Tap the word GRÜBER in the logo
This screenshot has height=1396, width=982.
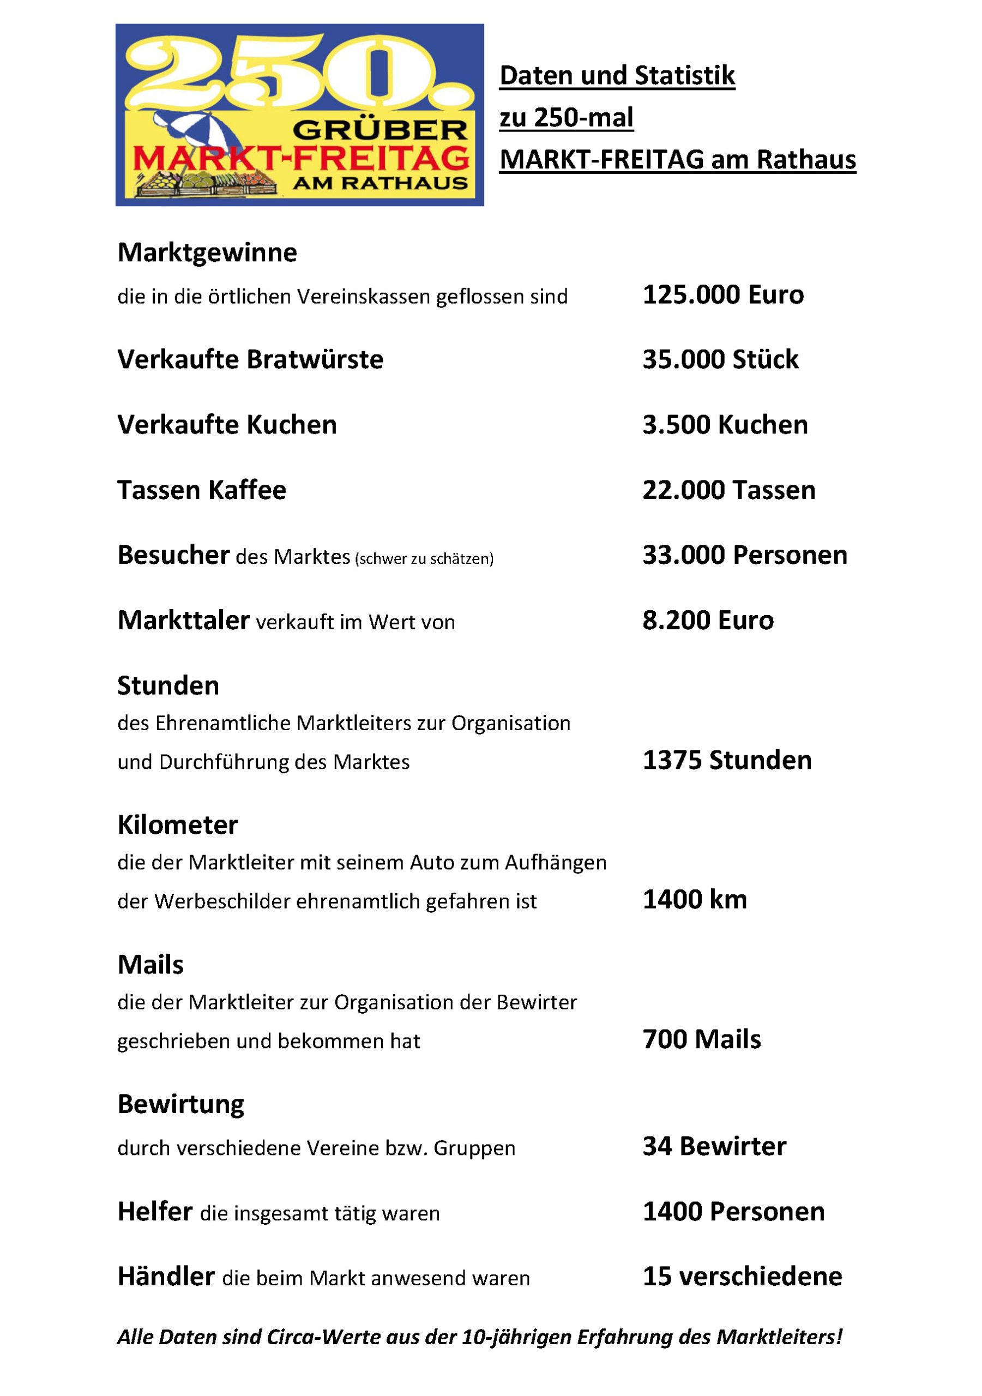click(380, 129)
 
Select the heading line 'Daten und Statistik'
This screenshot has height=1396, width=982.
click(617, 76)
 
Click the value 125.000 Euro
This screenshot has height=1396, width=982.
click(723, 295)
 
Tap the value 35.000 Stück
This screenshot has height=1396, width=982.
click(720, 359)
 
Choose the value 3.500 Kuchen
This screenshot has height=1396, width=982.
click(725, 424)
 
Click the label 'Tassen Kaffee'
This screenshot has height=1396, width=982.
click(201, 490)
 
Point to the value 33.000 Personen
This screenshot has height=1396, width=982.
click(744, 555)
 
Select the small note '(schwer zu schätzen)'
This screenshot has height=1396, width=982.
click(424, 559)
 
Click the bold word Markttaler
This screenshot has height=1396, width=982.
click(183, 620)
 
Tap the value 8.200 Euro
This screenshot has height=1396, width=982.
click(708, 620)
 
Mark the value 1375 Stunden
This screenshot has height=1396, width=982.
click(727, 760)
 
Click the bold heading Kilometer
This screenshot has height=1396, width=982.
click(178, 825)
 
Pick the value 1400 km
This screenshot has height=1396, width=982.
click(695, 899)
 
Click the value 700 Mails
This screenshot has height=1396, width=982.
click(701, 1039)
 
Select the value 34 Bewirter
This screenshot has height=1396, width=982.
click(714, 1146)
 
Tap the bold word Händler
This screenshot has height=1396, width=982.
click(166, 1276)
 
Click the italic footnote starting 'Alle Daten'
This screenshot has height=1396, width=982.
click(479, 1337)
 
